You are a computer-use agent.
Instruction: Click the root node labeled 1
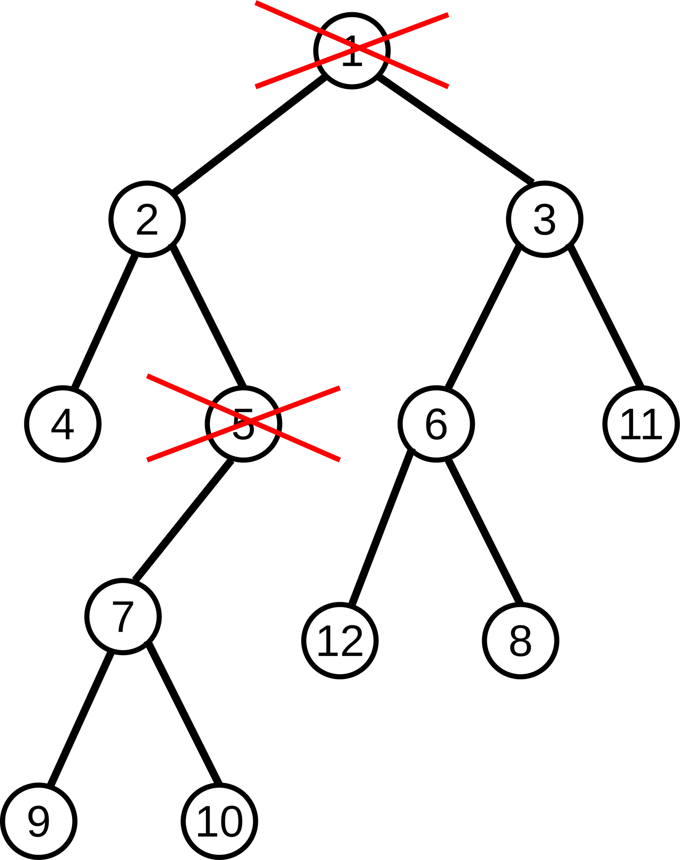[x=352, y=51]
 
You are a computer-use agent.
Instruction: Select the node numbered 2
[x=147, y=219]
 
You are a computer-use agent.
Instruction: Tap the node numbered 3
[x=545, y=219]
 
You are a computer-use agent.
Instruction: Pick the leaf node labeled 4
[x=63, y=424]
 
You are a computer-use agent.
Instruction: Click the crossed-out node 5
[x=243, y=424]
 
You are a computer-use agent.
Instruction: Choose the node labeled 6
[x=436, y=424]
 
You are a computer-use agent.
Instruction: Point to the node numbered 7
[x=123, y=616]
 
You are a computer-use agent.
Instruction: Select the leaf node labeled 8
[x=521, y=641]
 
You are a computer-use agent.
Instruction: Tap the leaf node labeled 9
[x=39, y=821]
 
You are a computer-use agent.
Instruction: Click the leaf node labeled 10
[x=219, y=821]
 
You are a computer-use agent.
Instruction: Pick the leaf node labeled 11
[x=641, y=424]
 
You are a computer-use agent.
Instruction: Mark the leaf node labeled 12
[x=340, y=641]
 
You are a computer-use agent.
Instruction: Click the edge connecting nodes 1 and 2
[x=249, y=135]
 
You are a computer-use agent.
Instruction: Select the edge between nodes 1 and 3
[x=456, y=128]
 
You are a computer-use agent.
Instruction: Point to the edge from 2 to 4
[x=105, y=321]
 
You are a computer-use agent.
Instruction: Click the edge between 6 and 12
[x=381, y=528]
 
